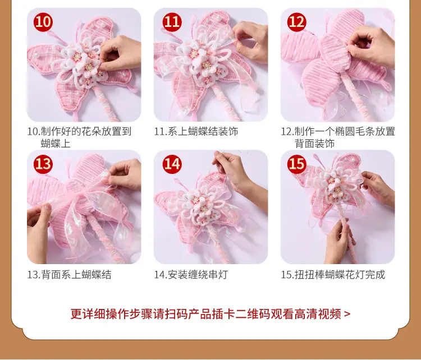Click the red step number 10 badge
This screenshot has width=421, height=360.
pyautogui.click(x=43, y=22)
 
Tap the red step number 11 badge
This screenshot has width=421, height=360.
pyautogui.click(x=172, y=22)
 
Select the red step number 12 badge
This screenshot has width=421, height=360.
pyautogui.click(x=297, y=22)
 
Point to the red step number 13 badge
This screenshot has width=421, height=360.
pyautogui.click(x=43, y=164)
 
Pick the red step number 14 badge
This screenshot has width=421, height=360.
pyautogui.click(x=172, y=164)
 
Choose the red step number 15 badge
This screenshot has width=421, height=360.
pyautogui.click(x=297, y=164)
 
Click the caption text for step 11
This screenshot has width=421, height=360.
pyautogui.click(x=196, y=132)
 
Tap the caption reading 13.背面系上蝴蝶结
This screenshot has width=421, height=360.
pyautogui.click(x=69, y=275)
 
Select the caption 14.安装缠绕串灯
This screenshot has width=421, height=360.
pyautogui.click(x=191, y=275)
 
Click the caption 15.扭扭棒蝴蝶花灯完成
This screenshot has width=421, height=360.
pyautogui.click(x=333, y=275)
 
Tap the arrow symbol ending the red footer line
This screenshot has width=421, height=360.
pyautogui.click(x=347, y=314)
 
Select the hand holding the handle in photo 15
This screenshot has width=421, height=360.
pyautogui.click(x=339, y=242)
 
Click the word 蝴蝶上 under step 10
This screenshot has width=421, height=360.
pyautogui.click(x=56, y=144)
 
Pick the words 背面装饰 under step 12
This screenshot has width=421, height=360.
pyautogui.click(x=314, y=144)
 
